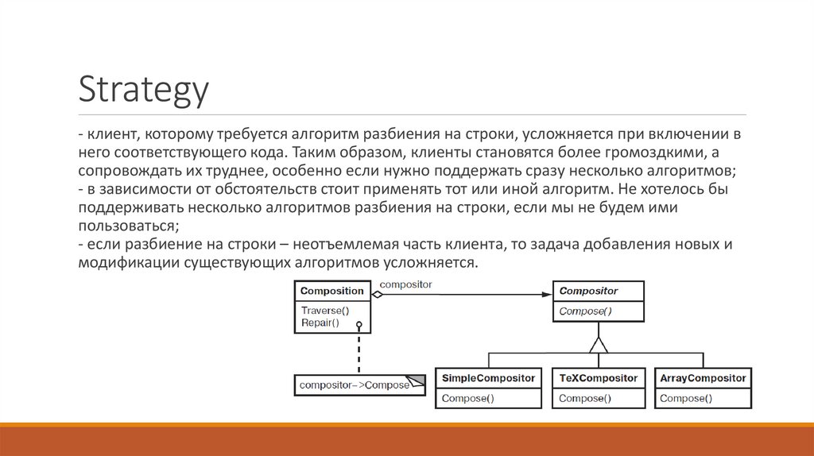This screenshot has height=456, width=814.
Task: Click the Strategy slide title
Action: coord(143,90)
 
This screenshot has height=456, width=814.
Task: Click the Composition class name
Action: coord(331,291)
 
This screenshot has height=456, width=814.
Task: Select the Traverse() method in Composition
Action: coord(325,310)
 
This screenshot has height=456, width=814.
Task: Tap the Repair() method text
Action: coord(320,323)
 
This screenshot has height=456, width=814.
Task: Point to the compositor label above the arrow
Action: coord(405,284)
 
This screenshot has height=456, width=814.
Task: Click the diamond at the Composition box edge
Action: coord(378,294)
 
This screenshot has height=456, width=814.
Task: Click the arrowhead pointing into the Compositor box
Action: coord(547,294)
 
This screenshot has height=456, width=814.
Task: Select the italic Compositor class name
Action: coord(588,291)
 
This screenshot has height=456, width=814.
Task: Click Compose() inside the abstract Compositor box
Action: coord(585,311)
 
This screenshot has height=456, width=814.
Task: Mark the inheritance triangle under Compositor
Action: coord(598,344)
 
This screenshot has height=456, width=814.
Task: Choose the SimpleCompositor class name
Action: coord(488,378)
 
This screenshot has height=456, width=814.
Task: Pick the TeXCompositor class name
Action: coord(598,378)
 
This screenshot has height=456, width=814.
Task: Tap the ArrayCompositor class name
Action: coord(703,378)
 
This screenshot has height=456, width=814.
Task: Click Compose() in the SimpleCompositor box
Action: coord(467,398)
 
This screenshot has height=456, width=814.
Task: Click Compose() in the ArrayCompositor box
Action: coord(686,398)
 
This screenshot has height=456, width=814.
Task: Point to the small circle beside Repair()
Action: coord(359,324)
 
